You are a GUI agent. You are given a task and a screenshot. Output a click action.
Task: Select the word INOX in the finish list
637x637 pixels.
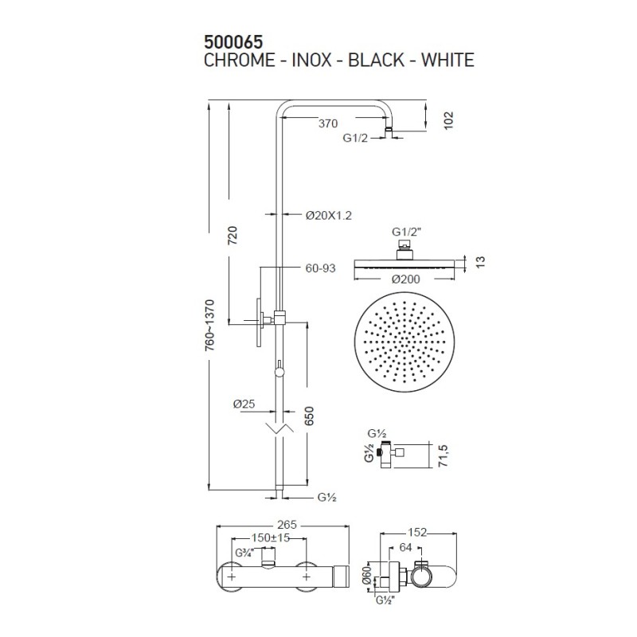tap(311, 61)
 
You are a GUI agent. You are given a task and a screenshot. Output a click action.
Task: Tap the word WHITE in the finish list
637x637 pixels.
tap(447, 61)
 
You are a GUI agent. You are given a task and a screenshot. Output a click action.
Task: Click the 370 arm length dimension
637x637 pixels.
tap(328, 123)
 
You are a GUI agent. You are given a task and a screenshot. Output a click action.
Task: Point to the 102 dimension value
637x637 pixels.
tap(448, 120)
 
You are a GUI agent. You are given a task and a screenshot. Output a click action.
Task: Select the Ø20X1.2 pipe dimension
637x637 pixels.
tap(328, 215)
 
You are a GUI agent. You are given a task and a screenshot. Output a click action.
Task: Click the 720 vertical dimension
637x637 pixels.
tap(233, 235)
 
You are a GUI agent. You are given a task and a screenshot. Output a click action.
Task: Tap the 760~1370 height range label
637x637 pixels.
tap(209, 326)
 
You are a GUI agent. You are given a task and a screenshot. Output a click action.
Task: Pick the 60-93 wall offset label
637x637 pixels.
tap(321, 268)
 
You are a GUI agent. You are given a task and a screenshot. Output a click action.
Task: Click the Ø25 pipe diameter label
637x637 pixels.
tap(244, 404)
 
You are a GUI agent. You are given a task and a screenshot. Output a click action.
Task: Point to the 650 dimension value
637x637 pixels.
tap(309, 416)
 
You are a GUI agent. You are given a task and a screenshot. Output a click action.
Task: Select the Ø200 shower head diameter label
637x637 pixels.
tap(405, 279)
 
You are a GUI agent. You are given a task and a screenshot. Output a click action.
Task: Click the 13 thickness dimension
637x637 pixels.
tap(480, 262)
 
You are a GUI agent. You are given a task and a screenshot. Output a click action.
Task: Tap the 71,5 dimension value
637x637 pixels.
tap(443, 455)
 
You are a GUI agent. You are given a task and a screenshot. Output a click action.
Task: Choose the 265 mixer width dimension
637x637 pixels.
tap(287, 525)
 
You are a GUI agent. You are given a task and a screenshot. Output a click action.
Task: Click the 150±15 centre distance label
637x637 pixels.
tap(271, 538)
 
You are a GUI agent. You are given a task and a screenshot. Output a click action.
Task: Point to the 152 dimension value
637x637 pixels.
tap(417, 532)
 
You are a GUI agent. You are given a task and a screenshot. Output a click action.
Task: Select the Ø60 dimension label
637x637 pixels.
tap(367, 575)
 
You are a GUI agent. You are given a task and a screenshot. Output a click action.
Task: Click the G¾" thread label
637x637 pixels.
tap(244, 553)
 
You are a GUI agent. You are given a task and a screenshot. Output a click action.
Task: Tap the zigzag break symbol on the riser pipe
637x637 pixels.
tap(279, 428)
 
